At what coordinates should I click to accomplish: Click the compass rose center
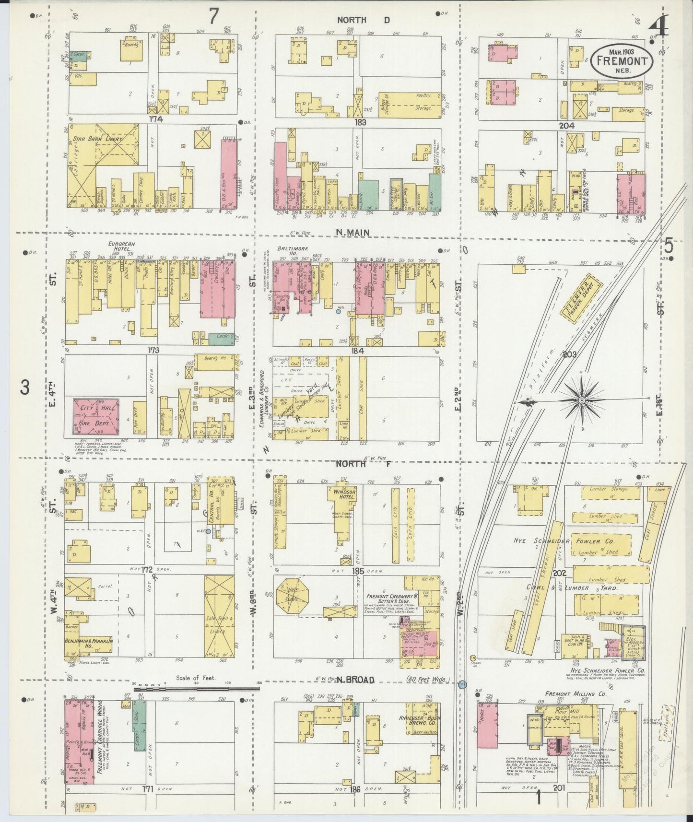581,399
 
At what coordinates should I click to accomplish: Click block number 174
156,119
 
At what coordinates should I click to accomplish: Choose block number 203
570,354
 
